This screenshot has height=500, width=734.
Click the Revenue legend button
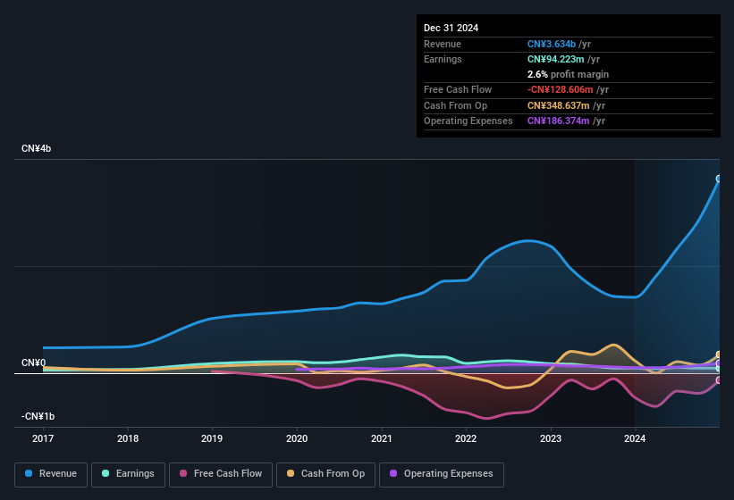51,473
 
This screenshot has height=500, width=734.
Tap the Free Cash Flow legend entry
221,473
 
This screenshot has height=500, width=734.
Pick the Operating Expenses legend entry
441,473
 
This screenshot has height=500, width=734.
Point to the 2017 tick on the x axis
43,438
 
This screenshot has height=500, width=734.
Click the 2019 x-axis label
212,438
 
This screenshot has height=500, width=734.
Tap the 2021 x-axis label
381,438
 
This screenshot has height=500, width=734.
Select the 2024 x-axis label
635,438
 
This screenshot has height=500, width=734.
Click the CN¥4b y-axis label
37,148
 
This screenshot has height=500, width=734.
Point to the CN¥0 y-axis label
33,362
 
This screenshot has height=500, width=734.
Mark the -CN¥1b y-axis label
38,416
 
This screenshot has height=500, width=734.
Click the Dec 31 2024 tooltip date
451,28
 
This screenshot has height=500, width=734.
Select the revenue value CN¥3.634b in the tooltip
558,44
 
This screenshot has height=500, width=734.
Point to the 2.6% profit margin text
568,74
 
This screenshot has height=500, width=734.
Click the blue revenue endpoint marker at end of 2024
719,179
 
